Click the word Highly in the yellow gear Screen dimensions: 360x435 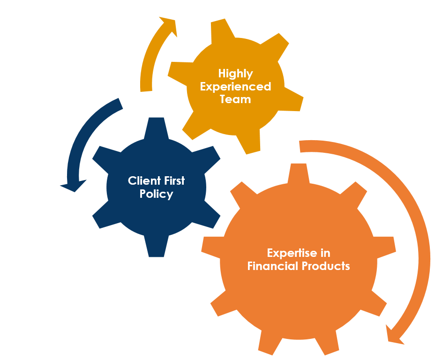(x=235, y=74)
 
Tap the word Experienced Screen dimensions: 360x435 (x=235, y=87)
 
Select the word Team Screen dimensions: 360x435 (x=235, y=99)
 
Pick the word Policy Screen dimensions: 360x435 (x=156, y=194)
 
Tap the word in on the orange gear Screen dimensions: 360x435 (x=325, y=253)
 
